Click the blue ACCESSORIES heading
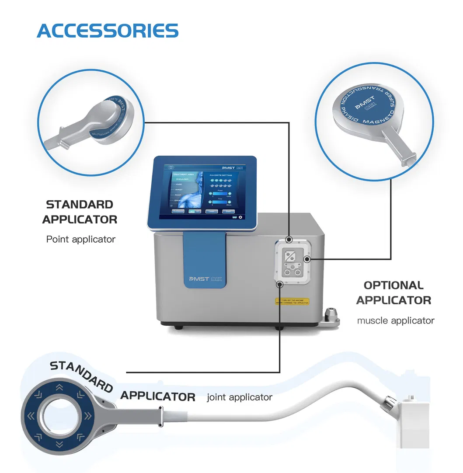[108, 30]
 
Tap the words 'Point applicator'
[81, 239]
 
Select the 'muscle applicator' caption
[396, 320]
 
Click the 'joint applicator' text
[240, 397]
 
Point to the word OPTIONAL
[393, 285]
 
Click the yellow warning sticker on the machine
[292, 301]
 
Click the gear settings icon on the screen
[240, 217]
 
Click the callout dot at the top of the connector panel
[289, 240]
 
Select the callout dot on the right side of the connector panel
[307, 259]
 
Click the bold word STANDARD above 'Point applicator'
[80, 204]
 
